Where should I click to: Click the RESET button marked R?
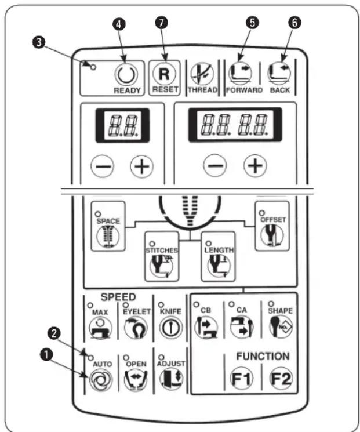tap(164, 74)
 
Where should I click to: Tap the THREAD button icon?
tap(202, 74)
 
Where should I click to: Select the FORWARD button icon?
tap(240, 74)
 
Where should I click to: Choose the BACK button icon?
tap(279, 74)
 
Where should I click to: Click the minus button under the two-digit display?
tap(102, 166)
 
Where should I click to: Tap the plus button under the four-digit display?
tap(255, 166)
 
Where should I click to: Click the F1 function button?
tap(241, 379)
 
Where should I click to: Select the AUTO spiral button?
tap(100, 380)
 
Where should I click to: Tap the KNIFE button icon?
tap(171, 328)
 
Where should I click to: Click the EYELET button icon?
tap(136, 328)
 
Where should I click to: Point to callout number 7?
tap(162, 23)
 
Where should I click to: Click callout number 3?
tap(39, 43)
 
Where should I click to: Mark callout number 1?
tap(46, 354)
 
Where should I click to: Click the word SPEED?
tap(118, 297)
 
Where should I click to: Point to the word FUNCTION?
tap(263, 356)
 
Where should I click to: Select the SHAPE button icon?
tap(281, 326)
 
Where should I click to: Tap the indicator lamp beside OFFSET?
tap(261, 213)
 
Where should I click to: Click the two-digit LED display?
tap(122, 126)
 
